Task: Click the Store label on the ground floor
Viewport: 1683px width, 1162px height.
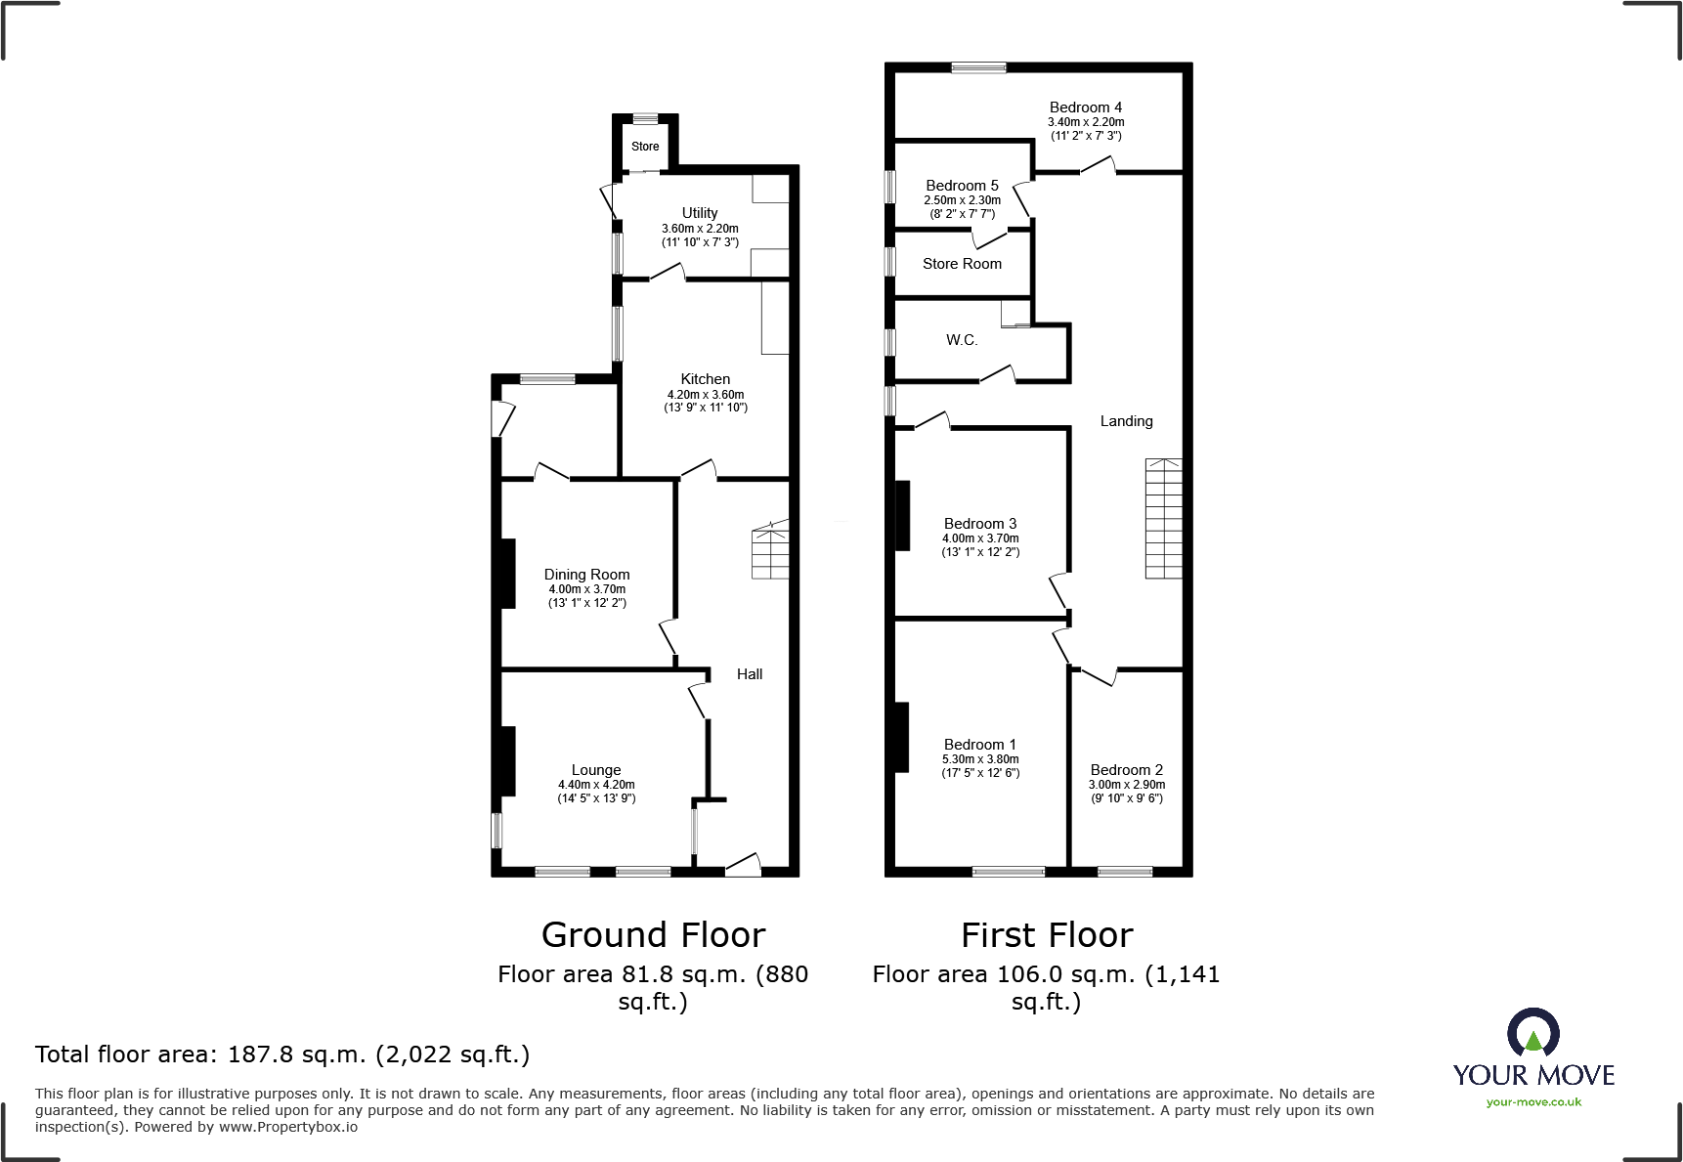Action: [x=645, y=147]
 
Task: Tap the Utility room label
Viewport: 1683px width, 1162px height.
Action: [x=700, y=213]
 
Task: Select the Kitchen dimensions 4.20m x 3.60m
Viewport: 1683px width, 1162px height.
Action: [x=706, y=395]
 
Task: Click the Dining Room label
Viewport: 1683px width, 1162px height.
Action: [x=586, y=575]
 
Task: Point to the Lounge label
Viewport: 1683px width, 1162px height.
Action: [x=596, y=770]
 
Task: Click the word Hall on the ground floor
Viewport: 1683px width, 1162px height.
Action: [x=750, y=674]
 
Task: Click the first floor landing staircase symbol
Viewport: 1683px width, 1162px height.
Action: [x=1164, y=518]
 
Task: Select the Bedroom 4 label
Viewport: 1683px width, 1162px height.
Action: [x=1086, y=108]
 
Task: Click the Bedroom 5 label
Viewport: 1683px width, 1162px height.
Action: [x=963, y=186]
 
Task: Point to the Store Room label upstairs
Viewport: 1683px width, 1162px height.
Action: [x=963, y=264]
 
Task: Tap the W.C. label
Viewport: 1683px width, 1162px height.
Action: [x=962, y=340]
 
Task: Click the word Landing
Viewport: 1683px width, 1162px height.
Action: [x=1127, y=421]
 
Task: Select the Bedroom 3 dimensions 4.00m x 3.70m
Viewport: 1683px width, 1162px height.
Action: [x=980, y=538]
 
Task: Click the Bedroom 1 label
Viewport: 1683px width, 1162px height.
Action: [x=980, y=745]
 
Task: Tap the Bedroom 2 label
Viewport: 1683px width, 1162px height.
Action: [x=1127, y=770]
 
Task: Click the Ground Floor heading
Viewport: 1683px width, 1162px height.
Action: [x=653, y=935]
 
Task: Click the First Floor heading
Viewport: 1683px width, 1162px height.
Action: [x=1047, y=935]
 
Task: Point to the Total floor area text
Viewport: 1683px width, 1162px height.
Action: [x=282, y=1054]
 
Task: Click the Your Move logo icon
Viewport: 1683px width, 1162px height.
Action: [x=1532, y=1033]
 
